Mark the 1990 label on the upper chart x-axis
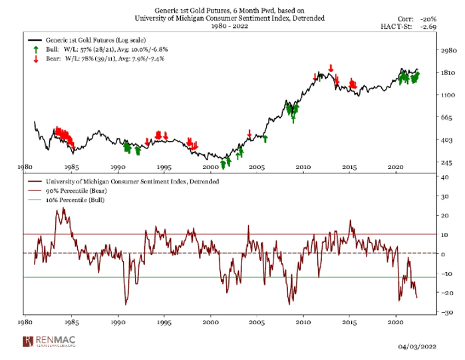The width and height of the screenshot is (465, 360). pos(118,168)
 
